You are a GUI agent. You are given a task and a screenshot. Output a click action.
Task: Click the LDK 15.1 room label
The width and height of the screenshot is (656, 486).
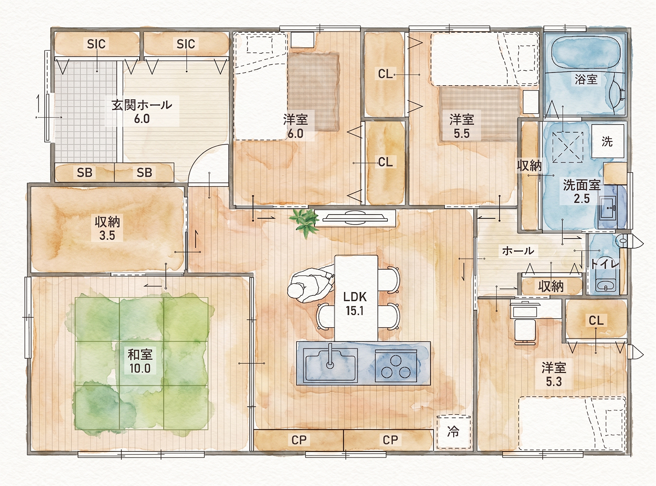click(x=355, y=304)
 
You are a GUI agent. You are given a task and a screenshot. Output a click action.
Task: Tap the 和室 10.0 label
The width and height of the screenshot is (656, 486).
click(x=140, y=361)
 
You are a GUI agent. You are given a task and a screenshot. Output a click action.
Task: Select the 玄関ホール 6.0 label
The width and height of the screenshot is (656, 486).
click(x=142, y=112)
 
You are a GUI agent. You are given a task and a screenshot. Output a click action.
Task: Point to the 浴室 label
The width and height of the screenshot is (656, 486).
click(x=586, y=79)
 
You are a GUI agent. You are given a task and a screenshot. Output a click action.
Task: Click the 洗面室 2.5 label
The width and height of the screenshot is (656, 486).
click(x=582, y=191)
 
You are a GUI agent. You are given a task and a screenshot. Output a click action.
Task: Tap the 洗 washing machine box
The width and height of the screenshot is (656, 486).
click(x=607, y=141)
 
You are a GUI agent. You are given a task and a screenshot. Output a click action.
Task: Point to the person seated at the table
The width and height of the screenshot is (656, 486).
click(x=311, y=284)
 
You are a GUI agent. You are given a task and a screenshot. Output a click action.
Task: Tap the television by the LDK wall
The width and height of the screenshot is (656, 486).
click(x=355, y=218)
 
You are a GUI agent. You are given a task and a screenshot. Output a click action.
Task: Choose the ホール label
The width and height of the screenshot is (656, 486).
click(x=518, y=251)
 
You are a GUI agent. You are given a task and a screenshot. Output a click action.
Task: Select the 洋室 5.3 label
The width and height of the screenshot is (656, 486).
click(x=554, y=374)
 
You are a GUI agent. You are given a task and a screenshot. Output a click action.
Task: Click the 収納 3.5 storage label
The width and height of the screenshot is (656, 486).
click(x=107, y=228)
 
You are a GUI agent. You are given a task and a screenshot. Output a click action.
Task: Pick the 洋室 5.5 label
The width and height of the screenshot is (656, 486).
click(x=462, y=126)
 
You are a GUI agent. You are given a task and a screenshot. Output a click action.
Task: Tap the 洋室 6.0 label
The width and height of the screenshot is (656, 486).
click(x=296, y=126)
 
